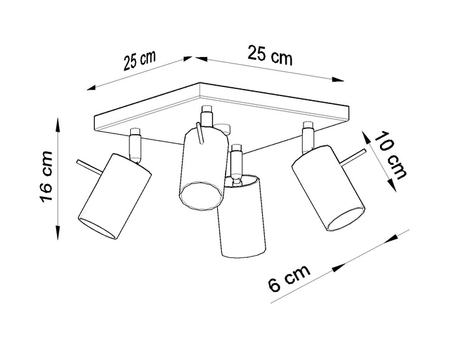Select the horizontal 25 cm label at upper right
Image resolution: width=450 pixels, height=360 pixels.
pyautogui.click(x=269, y=56)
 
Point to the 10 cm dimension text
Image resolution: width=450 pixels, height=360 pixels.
pyautogui.click(x=391, y=158)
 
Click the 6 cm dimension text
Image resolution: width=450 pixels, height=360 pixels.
pyautogui.click(x=288, y=281)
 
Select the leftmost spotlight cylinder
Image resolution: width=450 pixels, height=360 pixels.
pyautogui.click(x=114, y=194)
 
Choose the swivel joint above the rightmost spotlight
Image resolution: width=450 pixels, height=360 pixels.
pyautogui.click(x=306, y=138)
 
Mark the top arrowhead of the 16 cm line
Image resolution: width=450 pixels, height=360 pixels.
pyautogui.click(x=58, y=123)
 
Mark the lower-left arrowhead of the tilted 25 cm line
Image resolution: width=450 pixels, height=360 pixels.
pyautogui.click(x=94, y=86)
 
